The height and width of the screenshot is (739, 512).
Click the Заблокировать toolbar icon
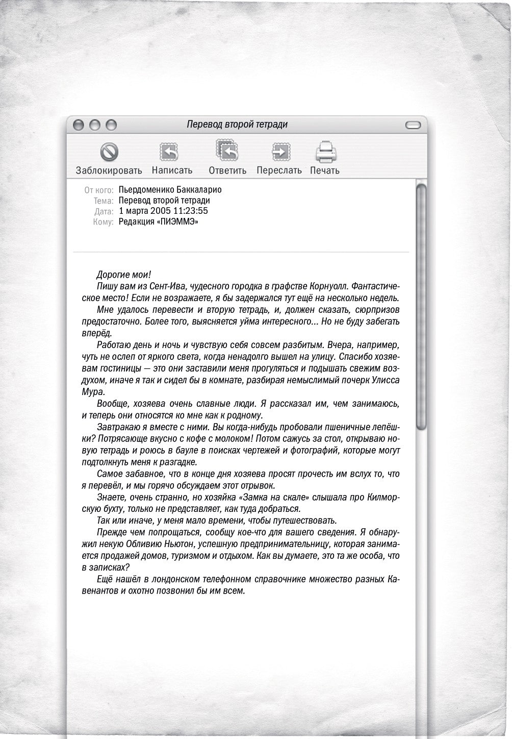(x=109, y=152)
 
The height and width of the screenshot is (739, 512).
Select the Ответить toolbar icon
(x=227, y=151)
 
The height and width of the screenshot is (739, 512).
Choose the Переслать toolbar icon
(x=279, y=152)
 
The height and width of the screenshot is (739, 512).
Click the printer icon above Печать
(x=325, y=152)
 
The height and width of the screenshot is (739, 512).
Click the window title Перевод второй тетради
(x=237, y=125)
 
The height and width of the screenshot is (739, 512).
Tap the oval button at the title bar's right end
(x=413, y=125)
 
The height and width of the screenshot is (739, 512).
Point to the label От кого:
(x=99, y=190)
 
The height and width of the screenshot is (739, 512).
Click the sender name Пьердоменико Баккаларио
(x=170, y=190)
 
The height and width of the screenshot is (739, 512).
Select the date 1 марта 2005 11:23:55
(x=163, y=211)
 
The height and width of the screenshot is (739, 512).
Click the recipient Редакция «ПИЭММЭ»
(x=158, y=221)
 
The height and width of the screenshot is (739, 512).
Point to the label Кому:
(x=104, y=221)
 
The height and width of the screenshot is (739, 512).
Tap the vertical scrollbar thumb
(x=421, y=306)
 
